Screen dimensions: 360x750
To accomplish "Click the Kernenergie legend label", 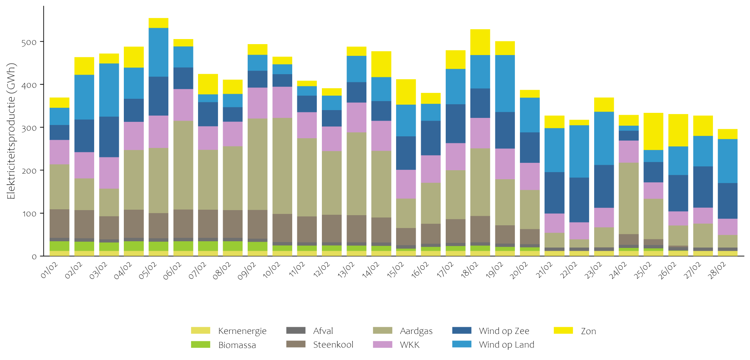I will (x=242, y=331).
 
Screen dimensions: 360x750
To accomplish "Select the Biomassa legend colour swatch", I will (x=200, y=345).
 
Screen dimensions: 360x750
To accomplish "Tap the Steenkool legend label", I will (x=333, y=345).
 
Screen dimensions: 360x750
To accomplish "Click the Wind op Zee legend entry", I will (x=504, y=331).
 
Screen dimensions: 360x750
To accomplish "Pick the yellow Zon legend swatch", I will (x=563, y=331).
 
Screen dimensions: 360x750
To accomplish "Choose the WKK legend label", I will (x=409, y=345).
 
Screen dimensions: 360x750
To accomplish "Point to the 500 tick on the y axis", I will (x=29, y=42).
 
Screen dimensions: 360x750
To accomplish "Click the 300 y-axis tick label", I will (x=29, y=128).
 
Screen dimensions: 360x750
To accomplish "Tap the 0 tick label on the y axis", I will (x=34, y=257).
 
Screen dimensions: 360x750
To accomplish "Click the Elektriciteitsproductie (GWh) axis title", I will (x=11, y=131).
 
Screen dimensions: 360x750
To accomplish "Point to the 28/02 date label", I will (x=717, y=270).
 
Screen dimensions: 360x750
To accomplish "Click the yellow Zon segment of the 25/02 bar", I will (x=654, y=131).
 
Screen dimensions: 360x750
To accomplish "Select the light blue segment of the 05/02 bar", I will (x=158, y=52).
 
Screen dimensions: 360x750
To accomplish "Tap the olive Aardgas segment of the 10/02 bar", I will (x=282, y=166).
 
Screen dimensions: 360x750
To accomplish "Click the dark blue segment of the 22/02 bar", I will (x=579, y=200).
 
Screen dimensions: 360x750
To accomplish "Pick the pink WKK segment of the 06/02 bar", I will (x=183, y=105).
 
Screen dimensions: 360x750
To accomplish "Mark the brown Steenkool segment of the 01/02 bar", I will (x=59, y=223).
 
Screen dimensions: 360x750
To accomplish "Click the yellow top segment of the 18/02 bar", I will (x=480, y=42).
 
